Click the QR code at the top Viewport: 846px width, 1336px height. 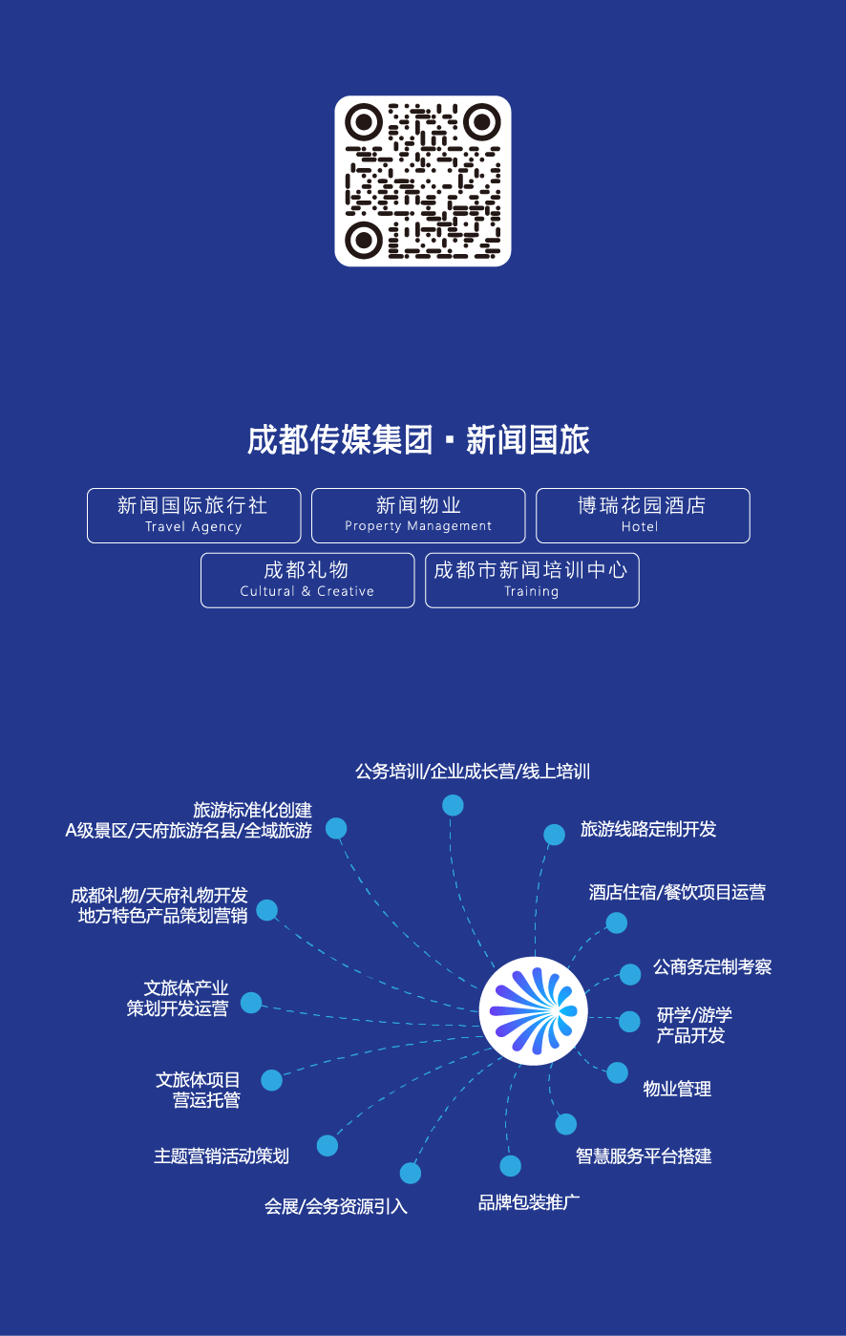pyautogui.click(x=422, y=180)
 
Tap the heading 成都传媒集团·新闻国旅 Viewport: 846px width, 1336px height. pyautogui.click(x=418, y=440)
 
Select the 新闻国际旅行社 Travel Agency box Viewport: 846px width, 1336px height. pyautogui.click(x=194, y=516)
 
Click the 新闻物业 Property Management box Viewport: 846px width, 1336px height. pyautogui.click(x=418, y=516)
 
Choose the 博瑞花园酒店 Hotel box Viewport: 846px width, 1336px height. pyautogui.click(x=643, y=516)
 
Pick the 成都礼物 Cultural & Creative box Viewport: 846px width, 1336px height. pyautogui.click(x=307, y=580)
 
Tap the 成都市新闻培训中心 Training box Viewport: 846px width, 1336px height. pyautogui.click(x=532, y=580)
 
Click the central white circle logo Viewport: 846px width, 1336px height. pyautogui.click(x=533, y=1010)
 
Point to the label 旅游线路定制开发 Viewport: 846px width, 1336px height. pyautogui.click(x=648, y=829)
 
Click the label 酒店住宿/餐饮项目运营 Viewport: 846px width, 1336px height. pyautogui.click(x=677, y=892)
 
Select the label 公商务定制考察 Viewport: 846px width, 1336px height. pyautogui.click(x=712, y=966)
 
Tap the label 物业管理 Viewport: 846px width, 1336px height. pyautogui.click(x=677, y=1089)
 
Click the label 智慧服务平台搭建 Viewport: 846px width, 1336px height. pyautogui.click(x=644, y=1156)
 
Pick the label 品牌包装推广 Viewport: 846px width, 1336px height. pyautogui.click(x=529, y=1201)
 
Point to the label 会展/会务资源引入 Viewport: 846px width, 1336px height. pyautogui.click(x=336, y=1206)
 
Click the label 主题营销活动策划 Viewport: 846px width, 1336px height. pyautogui.click(x=222, y=1156)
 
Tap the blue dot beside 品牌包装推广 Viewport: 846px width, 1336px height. pyautogui.click(x=511, y=1166)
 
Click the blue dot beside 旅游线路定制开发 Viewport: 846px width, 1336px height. pyautogui.click(x=554, y=835)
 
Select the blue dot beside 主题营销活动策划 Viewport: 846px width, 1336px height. pyautogui.click(x=328, y=1145)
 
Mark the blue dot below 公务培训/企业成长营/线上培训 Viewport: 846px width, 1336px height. pyautogui.click(x=453, y=805)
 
